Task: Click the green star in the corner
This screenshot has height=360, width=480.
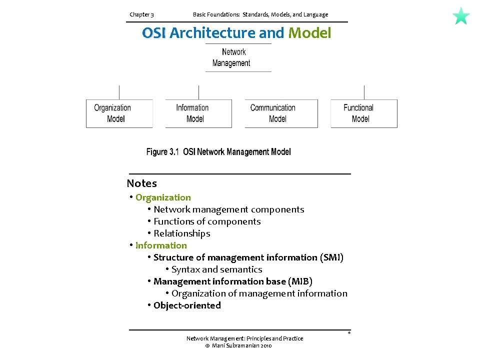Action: tap(461, 16)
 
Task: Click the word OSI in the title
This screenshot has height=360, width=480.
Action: tap(154, 33)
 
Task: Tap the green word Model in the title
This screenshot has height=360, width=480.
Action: tap(309, 33)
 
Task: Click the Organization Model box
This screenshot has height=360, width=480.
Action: tap(119, 113)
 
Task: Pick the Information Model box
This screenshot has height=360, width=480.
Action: tap(198, 113)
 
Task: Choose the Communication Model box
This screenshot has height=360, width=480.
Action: tap(281, 113)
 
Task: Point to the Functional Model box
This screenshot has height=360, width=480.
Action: tap(363, 113)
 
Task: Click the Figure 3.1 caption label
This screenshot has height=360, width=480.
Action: tap(162, 152)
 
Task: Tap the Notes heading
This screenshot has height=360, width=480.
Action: tap(141, 183)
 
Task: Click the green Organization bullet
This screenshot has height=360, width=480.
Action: tap(163, 197)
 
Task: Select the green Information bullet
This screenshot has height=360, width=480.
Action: tap(161, 245)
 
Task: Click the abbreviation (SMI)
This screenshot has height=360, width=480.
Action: tap(331, 257)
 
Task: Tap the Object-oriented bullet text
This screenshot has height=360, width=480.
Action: tap(187, 305)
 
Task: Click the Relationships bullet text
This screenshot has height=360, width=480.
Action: tap(182, 233)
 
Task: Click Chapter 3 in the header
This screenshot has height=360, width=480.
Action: tap(141, 14)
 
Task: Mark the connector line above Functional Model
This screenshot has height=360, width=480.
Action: tap(364, 92)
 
